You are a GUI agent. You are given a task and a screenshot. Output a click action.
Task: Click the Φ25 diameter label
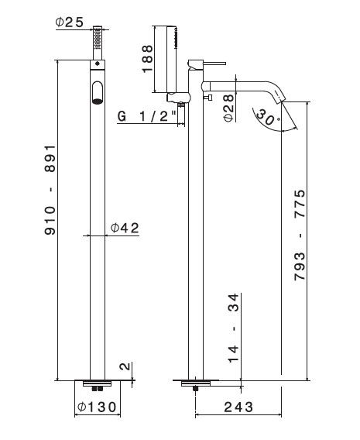[69, 22]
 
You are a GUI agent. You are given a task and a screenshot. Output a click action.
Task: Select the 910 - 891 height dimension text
[51, 190]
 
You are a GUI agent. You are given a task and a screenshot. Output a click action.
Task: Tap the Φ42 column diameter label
[125, 229]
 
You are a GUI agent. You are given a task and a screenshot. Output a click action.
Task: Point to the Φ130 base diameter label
[97, 407]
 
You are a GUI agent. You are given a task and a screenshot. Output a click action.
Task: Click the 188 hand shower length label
[147, 59]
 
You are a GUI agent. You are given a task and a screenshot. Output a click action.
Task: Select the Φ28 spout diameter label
[229, 108]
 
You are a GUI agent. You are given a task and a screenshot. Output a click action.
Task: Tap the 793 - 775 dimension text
[300, 235]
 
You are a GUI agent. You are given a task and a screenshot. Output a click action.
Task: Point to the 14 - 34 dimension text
[233, 328]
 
